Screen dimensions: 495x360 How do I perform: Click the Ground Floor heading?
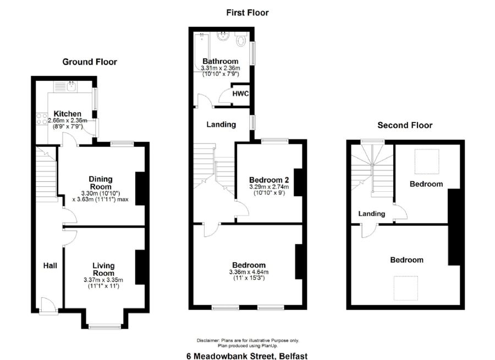[90, 62]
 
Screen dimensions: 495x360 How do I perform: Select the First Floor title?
[248, 13]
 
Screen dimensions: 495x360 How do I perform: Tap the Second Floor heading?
[405, 125]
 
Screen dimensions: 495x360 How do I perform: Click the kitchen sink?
[71, 86]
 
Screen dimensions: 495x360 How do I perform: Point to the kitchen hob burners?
[42, 119]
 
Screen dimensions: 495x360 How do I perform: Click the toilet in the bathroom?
[241, 40]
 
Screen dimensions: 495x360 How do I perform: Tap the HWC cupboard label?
[240, 93]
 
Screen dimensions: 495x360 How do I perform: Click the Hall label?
[50, 265]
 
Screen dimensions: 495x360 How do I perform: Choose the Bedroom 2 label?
[269, 180]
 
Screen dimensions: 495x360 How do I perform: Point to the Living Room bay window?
[105, 327]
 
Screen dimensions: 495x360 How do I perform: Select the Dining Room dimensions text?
[101, 196]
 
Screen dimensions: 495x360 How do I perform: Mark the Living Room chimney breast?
[140, 267]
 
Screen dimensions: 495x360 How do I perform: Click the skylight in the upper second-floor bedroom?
[427, 162]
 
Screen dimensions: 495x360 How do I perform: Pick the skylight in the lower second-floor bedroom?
[406, 288]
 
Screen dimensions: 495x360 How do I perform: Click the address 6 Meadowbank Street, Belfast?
[247, 356]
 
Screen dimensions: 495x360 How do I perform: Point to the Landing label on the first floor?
[221, 125]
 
